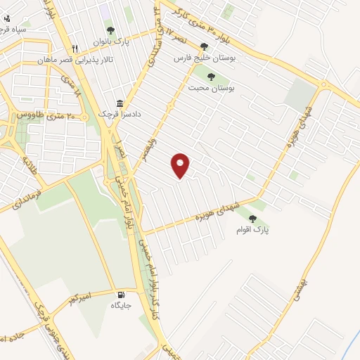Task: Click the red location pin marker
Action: (181, 165)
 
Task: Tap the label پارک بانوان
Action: (110, 41)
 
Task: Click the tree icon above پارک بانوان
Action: (110, 30)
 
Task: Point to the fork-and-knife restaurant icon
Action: (75, 49)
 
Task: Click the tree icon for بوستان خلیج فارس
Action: (204, 47)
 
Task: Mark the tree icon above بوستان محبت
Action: (211, 77)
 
